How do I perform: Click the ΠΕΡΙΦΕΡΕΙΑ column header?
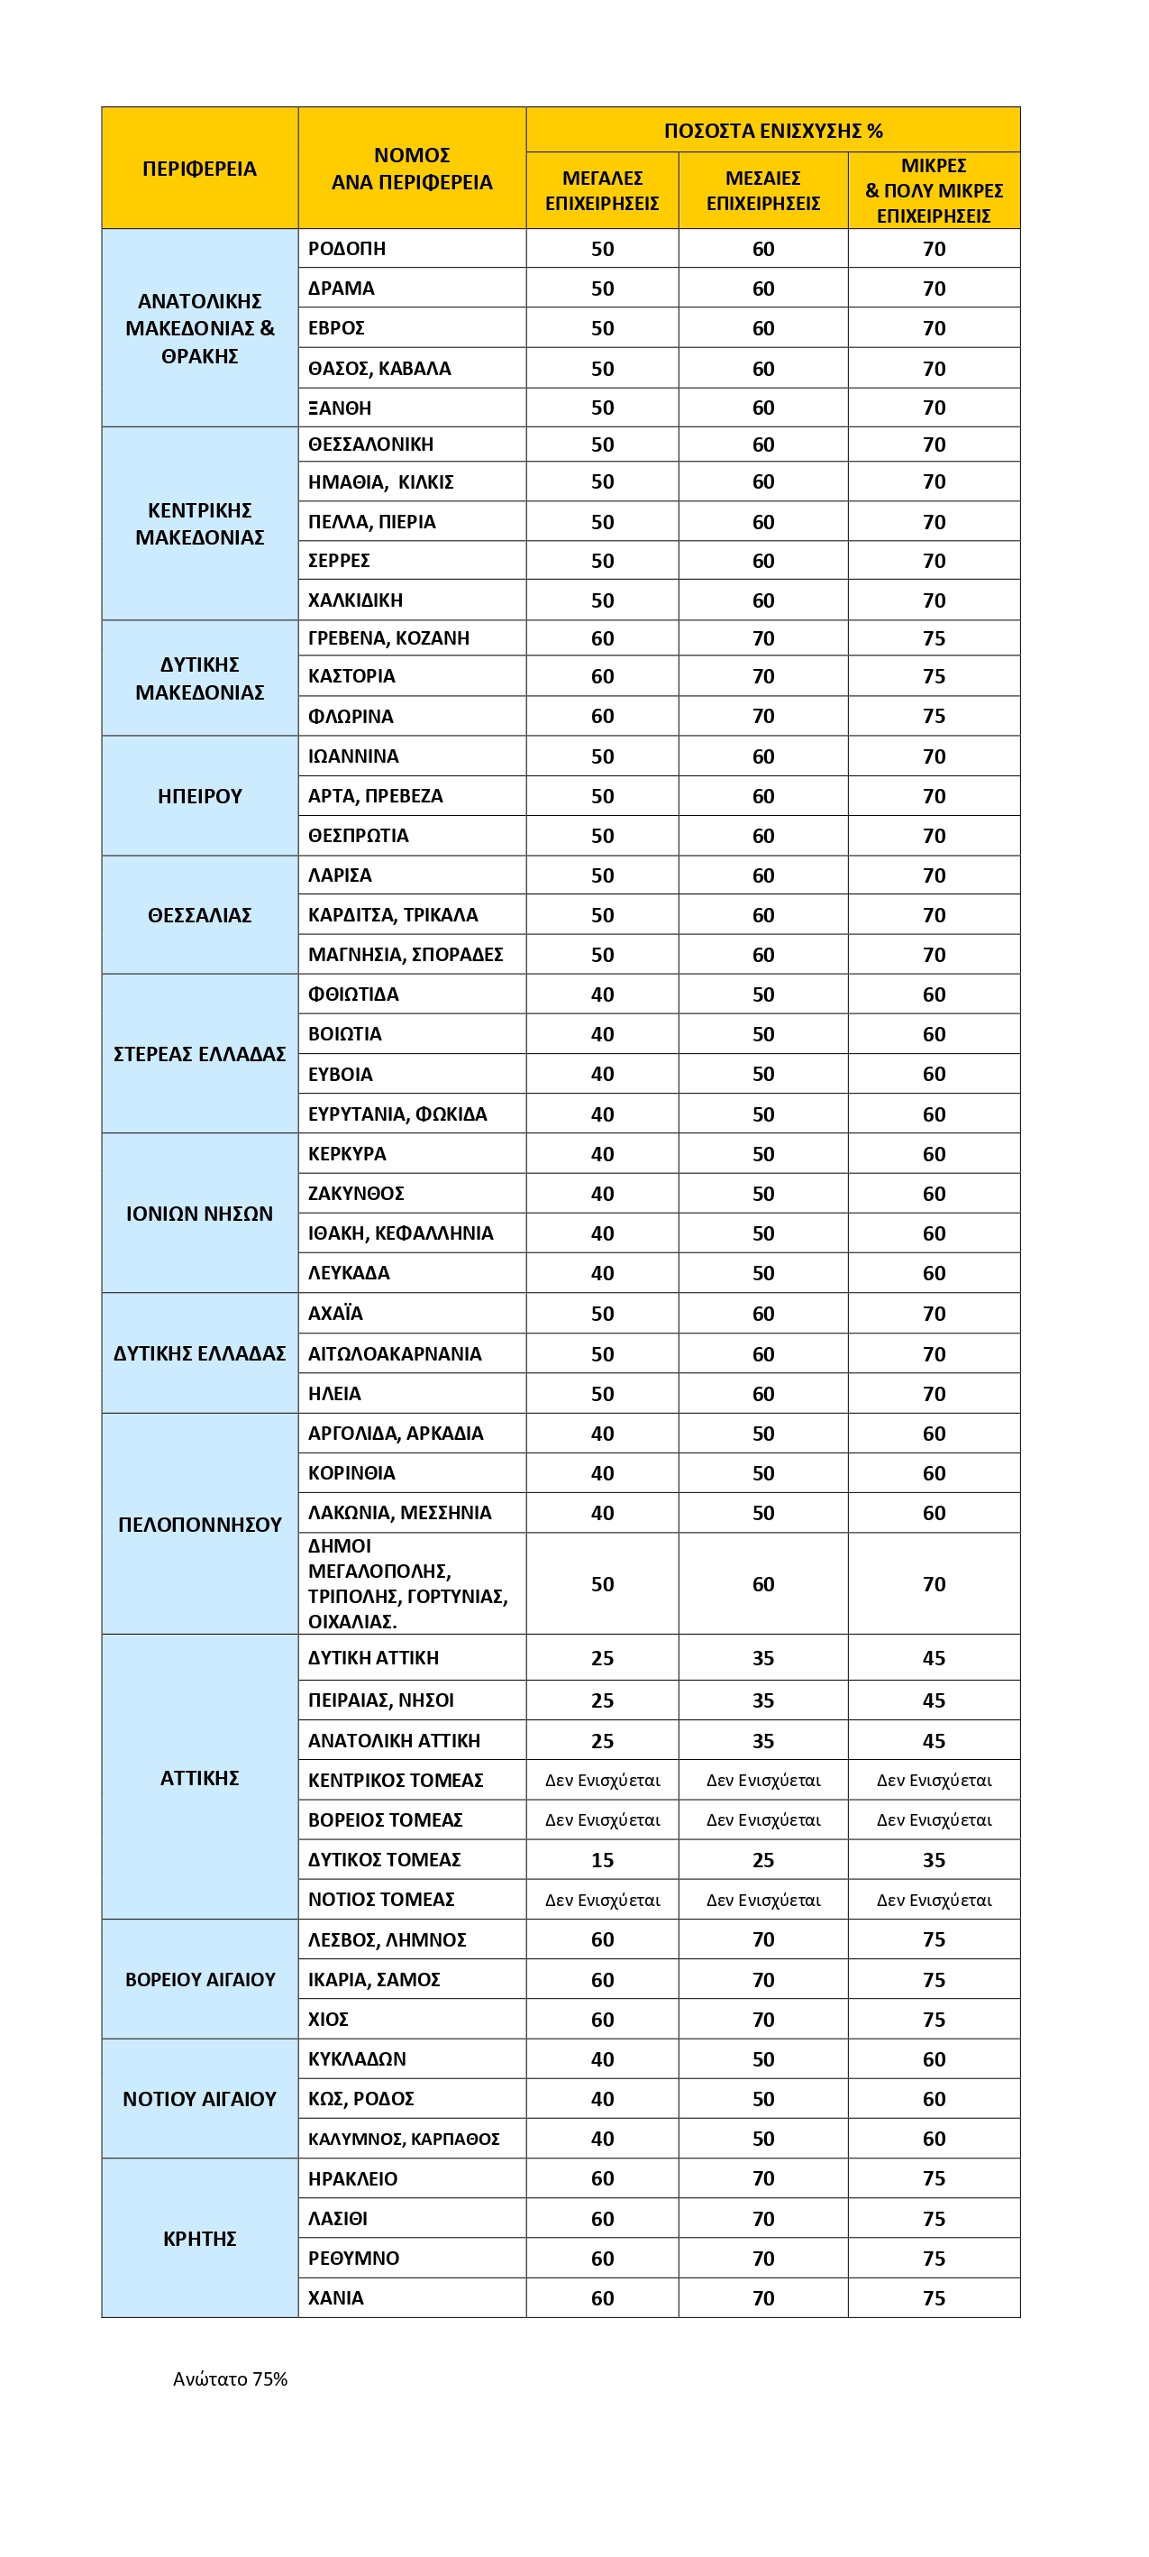(199, 169)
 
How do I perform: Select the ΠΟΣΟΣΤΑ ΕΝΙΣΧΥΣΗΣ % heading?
(773, 131)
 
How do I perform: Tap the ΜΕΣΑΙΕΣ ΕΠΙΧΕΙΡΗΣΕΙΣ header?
(763, 190)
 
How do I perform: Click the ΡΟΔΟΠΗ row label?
(346, 249)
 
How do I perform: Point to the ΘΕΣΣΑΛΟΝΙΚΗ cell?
(370, 444)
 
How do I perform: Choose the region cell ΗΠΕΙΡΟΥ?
(199, 796)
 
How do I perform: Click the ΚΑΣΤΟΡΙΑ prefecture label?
(351, 676)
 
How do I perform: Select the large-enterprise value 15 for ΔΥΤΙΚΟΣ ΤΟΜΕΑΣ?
(602, 1860)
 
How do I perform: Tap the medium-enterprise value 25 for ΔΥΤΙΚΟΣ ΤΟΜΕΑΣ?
(763, 1860)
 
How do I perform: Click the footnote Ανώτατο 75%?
(230, 2378)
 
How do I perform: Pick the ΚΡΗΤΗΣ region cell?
(199, 2239)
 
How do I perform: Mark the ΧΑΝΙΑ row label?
(335, 2298)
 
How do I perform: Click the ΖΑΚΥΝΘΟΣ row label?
(355, 1193)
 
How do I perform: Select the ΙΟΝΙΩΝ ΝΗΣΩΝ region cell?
(199, 1213)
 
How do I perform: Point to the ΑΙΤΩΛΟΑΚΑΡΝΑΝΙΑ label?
(394, 1354)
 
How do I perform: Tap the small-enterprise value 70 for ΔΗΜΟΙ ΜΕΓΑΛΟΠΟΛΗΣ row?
(934, 1584)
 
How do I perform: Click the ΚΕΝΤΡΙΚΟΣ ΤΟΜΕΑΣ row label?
(395, 1781)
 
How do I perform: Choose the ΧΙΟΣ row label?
(327, 2019)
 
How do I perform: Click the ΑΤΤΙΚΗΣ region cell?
(199, 1778)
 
